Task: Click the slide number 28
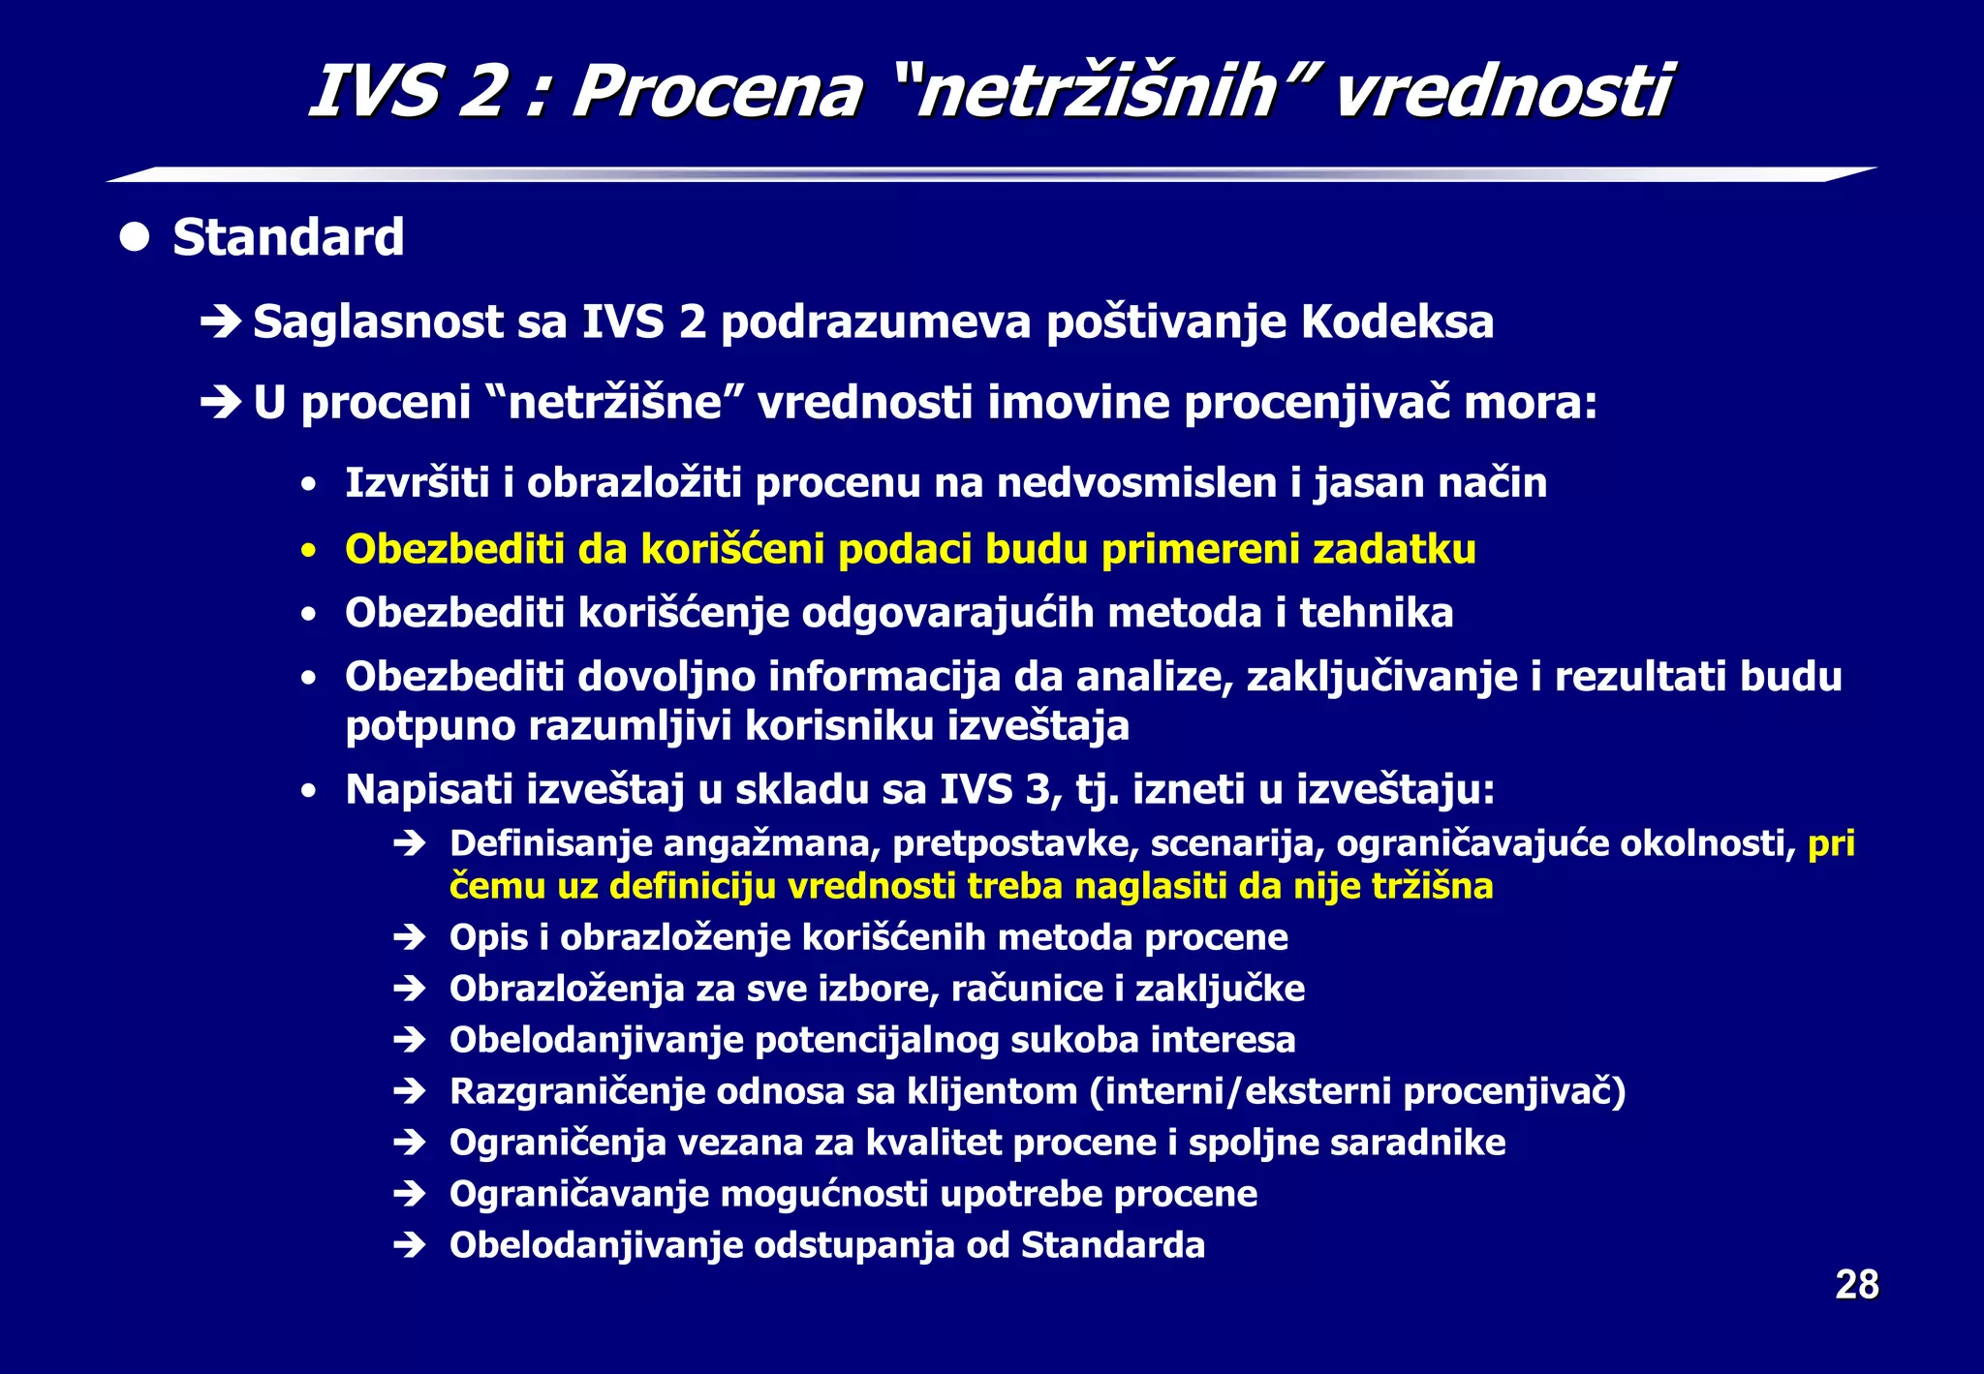point(1856,1285)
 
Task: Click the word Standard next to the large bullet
point(288,238)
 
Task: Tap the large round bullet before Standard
point(135,237)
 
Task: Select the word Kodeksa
point(1396,321)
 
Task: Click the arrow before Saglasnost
point(221,321)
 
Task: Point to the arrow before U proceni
point(221,403)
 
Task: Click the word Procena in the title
point(716,92)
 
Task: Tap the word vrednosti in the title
point(1503,92)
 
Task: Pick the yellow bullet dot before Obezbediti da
point(308,551)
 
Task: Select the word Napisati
point(429,789)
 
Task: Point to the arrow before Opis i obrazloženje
point(410,937)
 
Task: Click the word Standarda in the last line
point(1113,1245)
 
